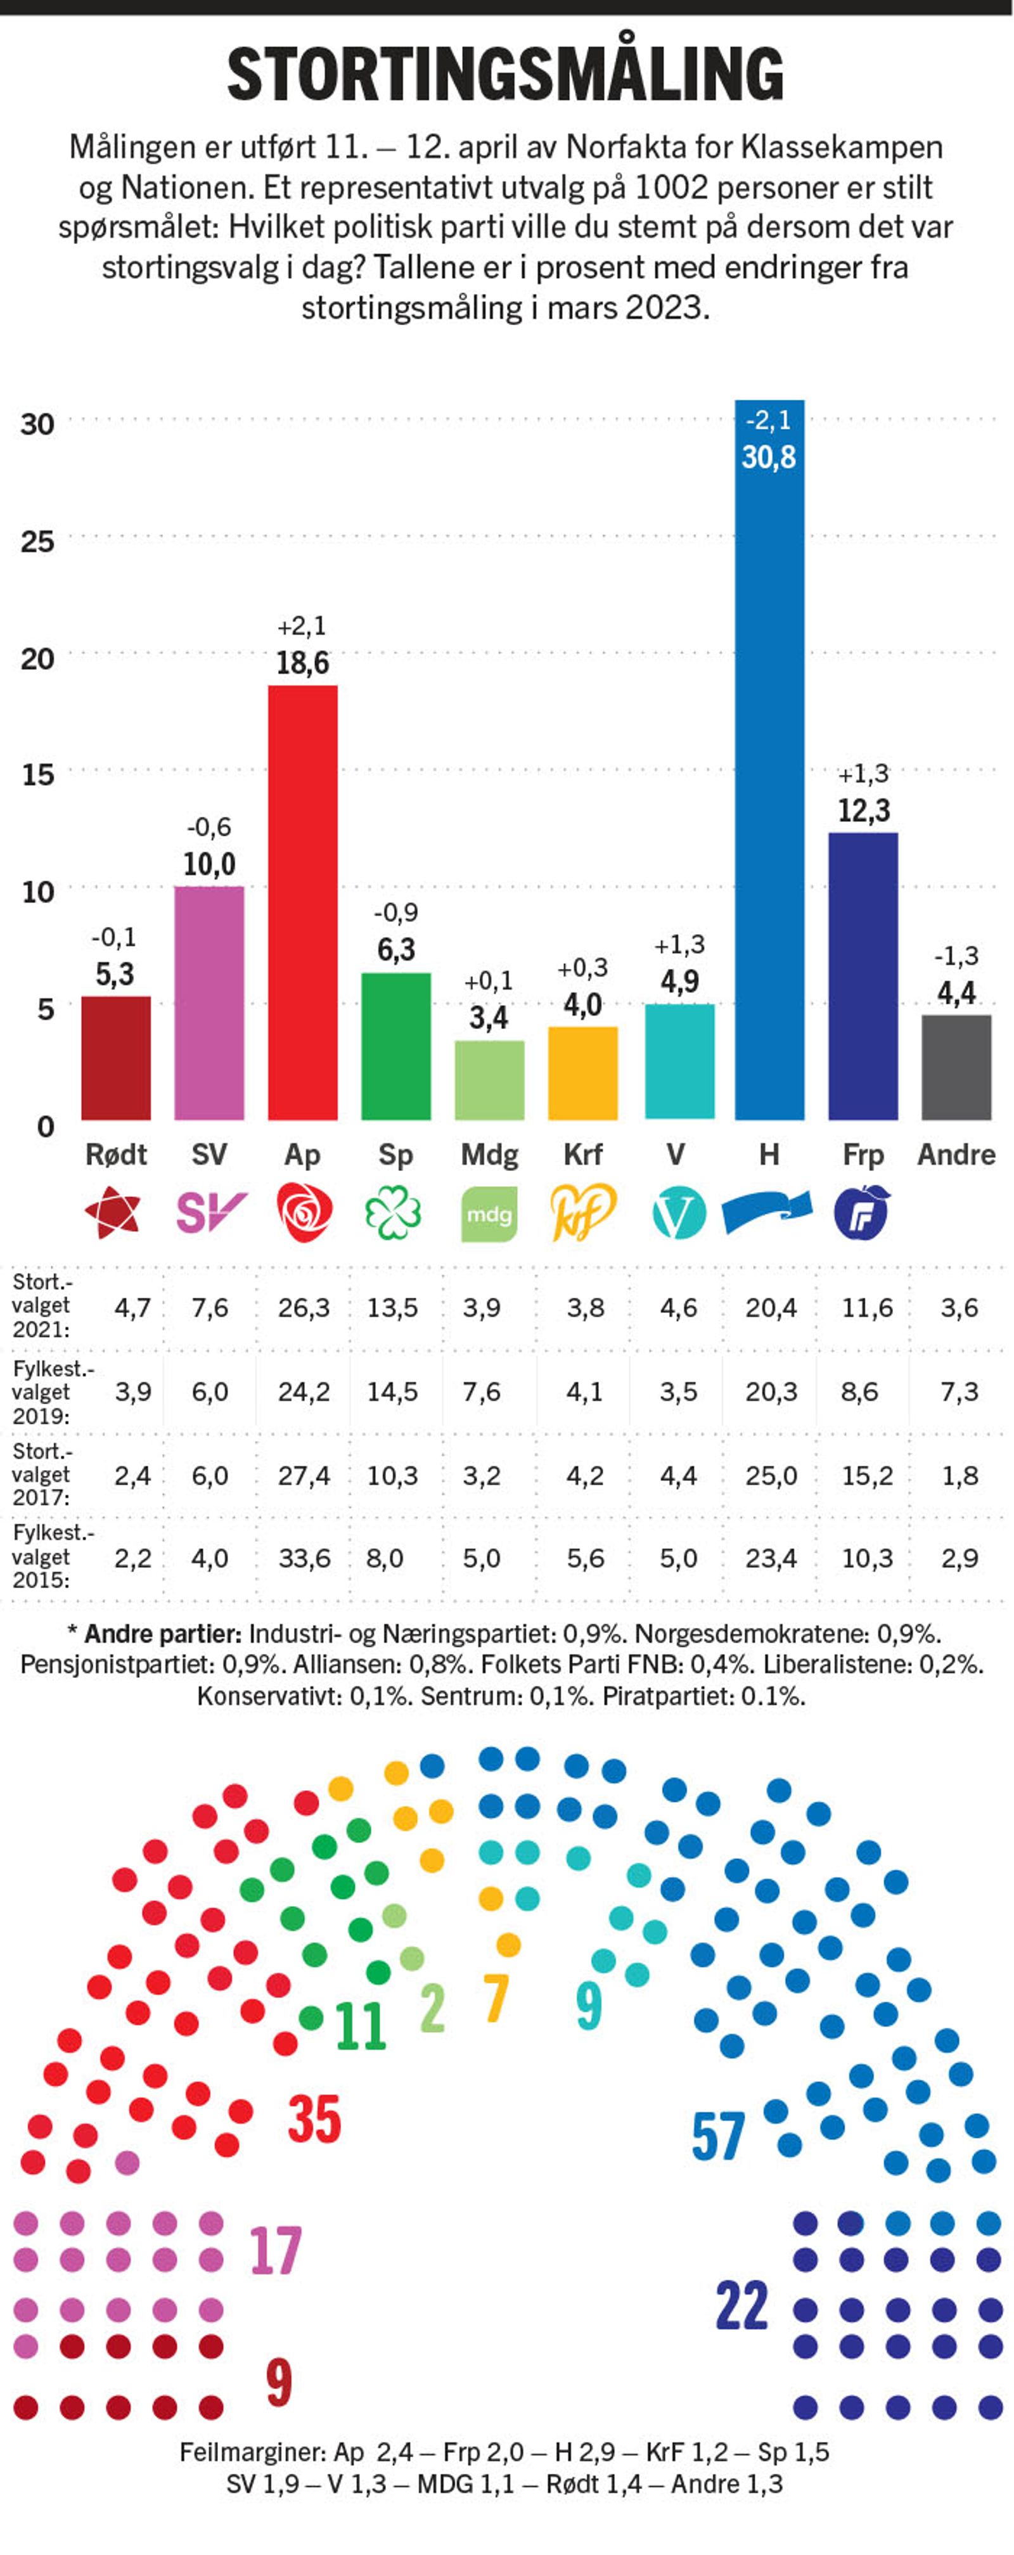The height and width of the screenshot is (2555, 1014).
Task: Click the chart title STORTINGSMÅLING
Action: (x=506, y=74)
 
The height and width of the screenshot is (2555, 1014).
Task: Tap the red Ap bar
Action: (x=302, y=902)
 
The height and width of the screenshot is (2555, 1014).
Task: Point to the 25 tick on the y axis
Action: (x=37, y=542)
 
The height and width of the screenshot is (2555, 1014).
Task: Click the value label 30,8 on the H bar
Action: (x=769, y=458)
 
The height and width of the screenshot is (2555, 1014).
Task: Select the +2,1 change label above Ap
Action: (x=302, y=627)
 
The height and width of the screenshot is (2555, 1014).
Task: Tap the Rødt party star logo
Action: (x=113, y=1212)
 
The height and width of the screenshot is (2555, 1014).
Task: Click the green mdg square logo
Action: (x=489, y=1213)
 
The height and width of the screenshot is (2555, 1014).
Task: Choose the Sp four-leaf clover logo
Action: (x=394, y=1213)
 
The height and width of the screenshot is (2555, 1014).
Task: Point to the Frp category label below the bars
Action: (x=862, y=1155)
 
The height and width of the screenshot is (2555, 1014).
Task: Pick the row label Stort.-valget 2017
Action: (x=41, y=1475)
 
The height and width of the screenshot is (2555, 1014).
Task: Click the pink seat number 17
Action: (x=275, y=2251)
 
